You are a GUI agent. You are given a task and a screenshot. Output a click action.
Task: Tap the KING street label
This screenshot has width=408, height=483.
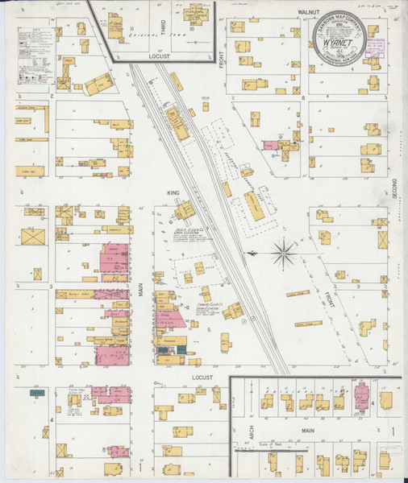coord(171,193)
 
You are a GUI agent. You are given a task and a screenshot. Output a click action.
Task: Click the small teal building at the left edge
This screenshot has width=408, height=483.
coord(35,393)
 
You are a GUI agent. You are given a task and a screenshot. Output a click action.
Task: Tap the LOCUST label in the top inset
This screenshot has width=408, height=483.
coord(162,57)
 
